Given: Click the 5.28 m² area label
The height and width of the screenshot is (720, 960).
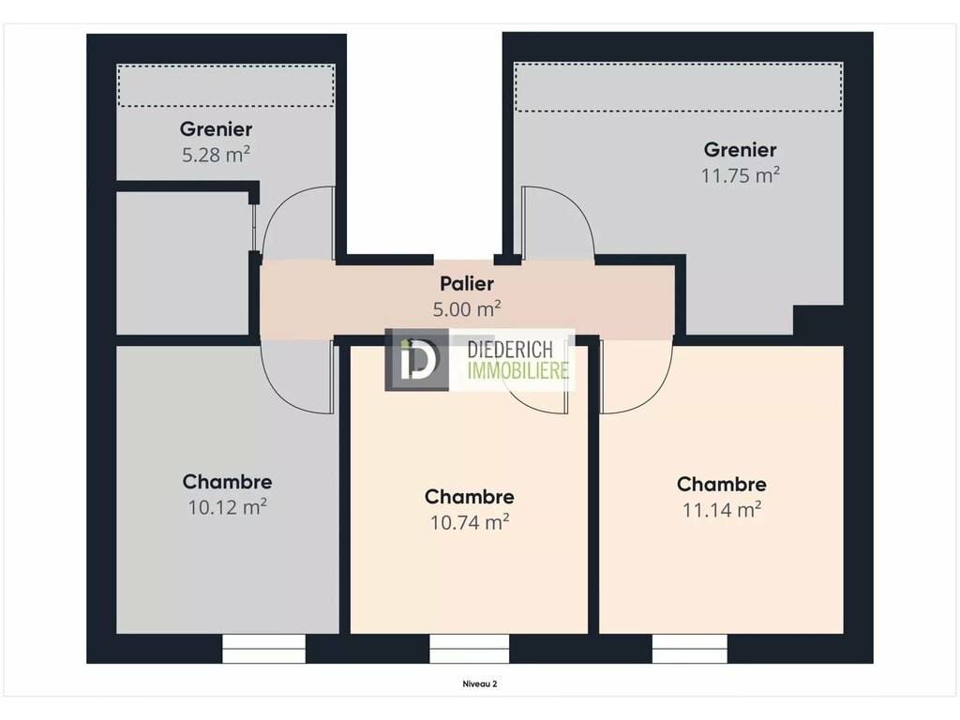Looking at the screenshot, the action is pos(216,155).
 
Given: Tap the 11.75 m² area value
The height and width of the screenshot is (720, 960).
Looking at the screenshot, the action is pos(741,175).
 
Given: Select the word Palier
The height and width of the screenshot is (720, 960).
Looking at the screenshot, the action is pos(467,283).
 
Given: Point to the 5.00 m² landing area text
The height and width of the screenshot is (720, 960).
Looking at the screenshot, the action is pos(467,308).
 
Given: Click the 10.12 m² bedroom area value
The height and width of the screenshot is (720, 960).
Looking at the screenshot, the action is pos(227,507).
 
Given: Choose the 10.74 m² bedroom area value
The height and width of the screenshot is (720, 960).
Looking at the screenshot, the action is pos(470,522).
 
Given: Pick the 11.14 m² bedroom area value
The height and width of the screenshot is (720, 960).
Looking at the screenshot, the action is pos(722,509).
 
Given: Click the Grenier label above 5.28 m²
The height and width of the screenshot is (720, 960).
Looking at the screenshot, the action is pos(216,128).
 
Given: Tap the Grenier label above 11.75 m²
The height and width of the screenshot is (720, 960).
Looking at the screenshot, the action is pos(741,149).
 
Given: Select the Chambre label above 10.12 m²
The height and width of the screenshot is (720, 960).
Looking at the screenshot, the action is pos(227,481).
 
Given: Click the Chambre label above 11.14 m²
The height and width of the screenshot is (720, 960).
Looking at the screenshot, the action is pos(722,484).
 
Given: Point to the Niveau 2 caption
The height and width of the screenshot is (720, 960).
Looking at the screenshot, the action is pos(479,684).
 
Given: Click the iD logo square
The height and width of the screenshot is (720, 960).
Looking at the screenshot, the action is pos(417,360).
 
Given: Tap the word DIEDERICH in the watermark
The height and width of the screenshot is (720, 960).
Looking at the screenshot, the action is pos(510,350).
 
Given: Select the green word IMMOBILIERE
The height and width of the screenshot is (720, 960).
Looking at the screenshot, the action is pos(517,370).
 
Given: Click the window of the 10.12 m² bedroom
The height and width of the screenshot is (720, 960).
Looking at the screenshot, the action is pos(263,649).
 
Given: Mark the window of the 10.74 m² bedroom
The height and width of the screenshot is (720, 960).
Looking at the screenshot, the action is pos(469,649).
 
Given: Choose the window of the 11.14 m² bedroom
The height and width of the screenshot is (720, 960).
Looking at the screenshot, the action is pos(690,649).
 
